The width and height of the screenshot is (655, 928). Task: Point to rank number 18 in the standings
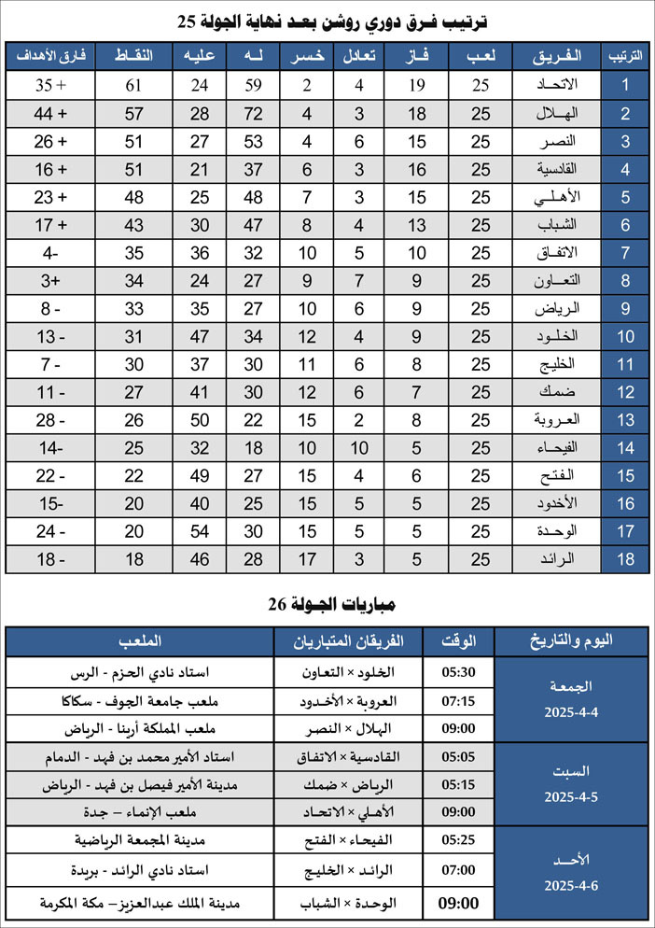pyautogui.click(x=627, y=560)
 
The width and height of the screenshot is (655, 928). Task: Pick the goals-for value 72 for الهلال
pyautogui.click(x=253, y=114)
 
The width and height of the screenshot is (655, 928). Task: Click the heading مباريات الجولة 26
pyautogui.click(x=327, y=605)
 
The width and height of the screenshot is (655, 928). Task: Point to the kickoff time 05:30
pyautogui.click(x=458, y=672)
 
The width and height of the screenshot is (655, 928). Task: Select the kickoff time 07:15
pyautogui.click(x=458, y=700)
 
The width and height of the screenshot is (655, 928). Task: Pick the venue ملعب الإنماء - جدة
pyautogui.click(x=140, y=812)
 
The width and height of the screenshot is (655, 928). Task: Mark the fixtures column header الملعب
pyautogui.click(x=140, y=641)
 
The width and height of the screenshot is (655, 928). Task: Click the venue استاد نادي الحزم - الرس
pyautogui.click(x=140, y=672)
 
